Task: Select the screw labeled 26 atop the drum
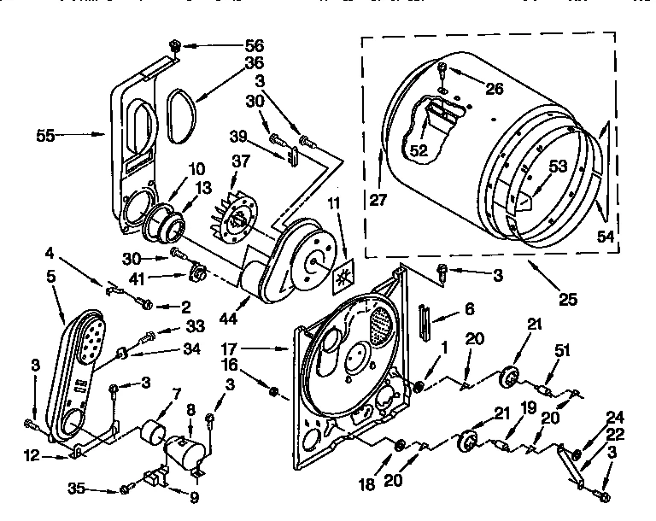(x=442, y=69)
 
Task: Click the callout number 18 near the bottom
(x=366, y=485)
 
